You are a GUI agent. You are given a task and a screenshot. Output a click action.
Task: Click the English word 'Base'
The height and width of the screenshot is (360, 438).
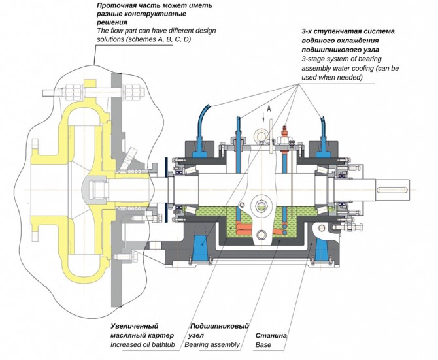[263, 345]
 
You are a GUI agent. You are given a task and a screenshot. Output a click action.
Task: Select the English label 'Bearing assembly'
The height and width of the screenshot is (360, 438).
[212, 345]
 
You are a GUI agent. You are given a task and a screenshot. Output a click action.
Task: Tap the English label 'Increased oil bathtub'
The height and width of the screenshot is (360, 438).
[143, 345]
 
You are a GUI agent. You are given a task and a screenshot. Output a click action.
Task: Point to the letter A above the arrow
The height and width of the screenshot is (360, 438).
[269, 108]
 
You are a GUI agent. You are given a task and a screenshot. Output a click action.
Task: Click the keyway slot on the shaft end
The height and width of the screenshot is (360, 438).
[392, 190]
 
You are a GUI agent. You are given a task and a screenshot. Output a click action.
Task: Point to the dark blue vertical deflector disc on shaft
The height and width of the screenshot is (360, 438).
[166, 190]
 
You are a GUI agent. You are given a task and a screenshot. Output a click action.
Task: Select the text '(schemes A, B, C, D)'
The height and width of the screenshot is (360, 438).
[158, 39]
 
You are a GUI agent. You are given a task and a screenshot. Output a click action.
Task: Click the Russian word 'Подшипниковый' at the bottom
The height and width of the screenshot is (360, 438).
[220, 326]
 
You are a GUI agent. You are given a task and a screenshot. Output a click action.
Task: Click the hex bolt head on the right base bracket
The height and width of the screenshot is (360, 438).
[321, 229]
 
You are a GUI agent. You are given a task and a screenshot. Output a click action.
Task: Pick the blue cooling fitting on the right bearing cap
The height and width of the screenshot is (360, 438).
[324, 148]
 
